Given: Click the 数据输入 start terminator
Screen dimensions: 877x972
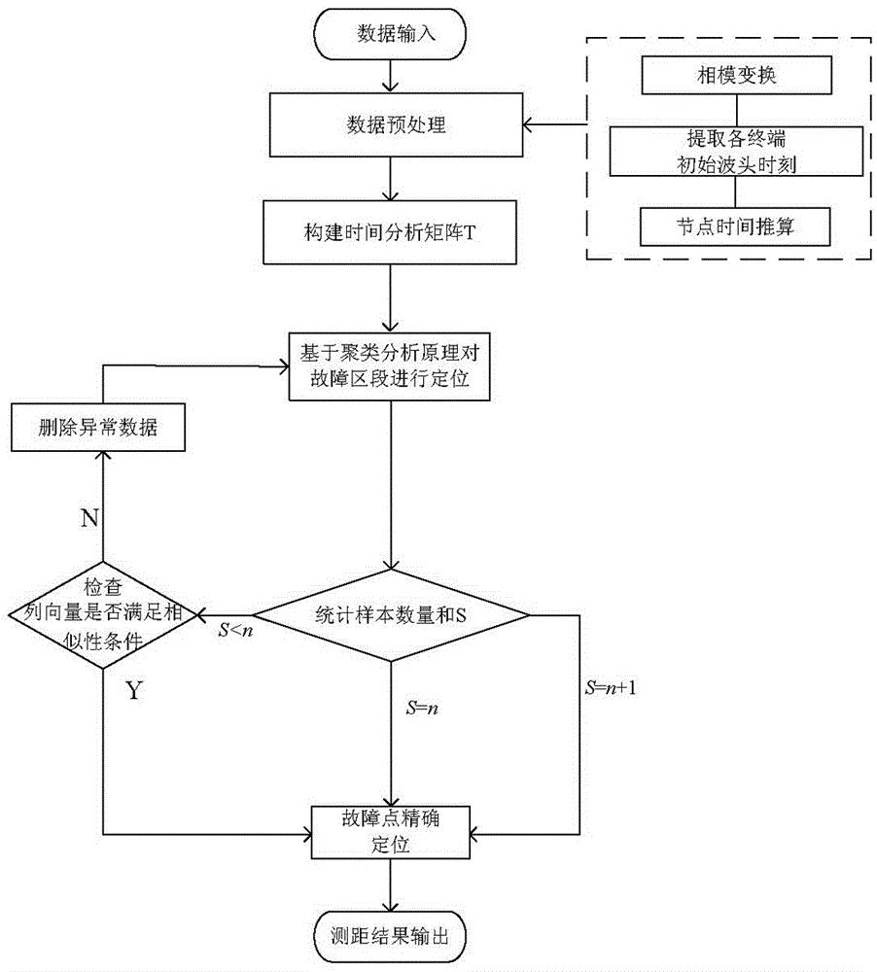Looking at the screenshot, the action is coord(390,33).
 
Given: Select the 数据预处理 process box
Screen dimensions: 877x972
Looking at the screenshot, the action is coord(396,124).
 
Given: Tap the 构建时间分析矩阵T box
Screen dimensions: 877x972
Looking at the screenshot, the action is coord(390,232).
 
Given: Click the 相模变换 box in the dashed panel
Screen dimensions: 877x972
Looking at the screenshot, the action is coord(736,76).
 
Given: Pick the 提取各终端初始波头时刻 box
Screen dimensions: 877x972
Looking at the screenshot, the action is coord(736,152).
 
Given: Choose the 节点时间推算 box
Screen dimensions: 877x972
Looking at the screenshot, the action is coord(735,226).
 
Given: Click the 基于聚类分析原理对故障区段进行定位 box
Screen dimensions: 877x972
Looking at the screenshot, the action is coord(390,367).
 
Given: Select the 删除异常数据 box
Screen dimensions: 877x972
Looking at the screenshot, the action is coord(98,427).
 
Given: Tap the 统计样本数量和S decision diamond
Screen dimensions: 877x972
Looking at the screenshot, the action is coord(391,615).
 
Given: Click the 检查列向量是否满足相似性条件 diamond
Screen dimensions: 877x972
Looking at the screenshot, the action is coord(103,615).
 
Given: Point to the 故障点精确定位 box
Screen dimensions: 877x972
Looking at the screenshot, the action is coord(390,832).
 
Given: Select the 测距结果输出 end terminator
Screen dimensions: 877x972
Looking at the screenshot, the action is coord(390,936).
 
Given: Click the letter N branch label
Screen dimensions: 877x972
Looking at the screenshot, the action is coord(89,518).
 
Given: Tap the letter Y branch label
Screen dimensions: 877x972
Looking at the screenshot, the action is coord(134,690).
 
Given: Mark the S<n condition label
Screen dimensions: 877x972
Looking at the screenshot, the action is coord(235,631).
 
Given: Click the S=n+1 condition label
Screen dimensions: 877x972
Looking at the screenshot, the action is coord(611,687).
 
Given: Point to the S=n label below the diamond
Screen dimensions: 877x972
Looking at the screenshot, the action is coord(422,708).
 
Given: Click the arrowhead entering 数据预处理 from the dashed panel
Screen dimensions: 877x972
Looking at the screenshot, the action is coord(529,125).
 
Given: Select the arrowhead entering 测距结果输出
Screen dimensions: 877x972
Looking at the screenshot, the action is coord(390,905).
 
